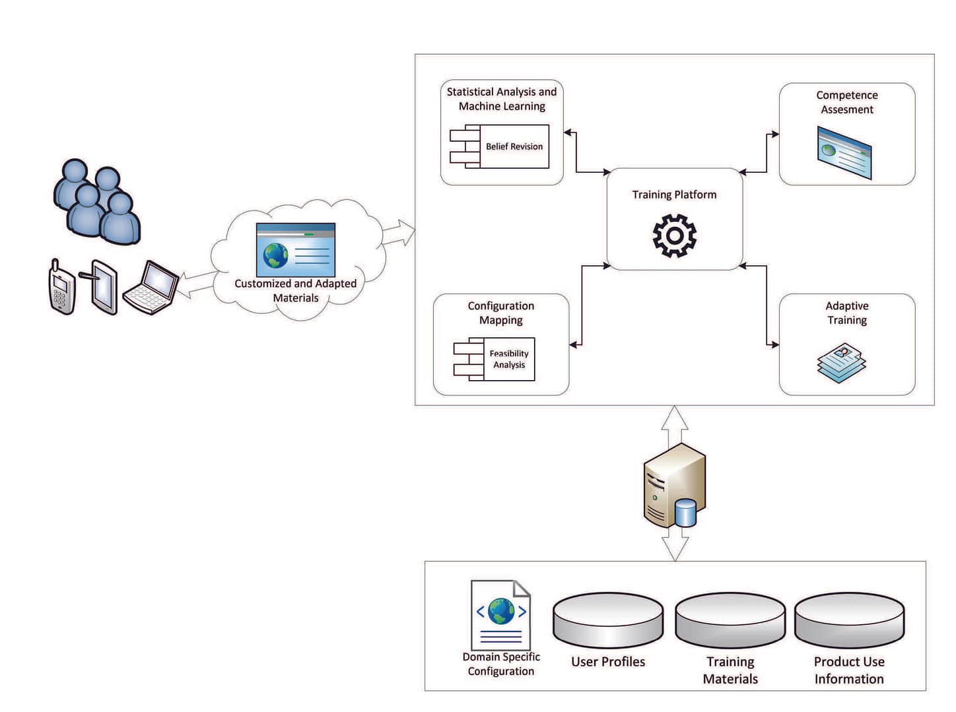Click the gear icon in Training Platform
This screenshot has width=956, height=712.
(x=674, y=235)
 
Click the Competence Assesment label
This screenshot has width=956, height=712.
(x=846, y=102)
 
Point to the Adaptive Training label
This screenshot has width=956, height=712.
(x=846, y=313)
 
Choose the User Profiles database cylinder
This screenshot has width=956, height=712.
(x=607, y=620)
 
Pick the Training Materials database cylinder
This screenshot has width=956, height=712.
(x=730, y=620)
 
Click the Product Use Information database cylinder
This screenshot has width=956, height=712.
(x=849, y=620)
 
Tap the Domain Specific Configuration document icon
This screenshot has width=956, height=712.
(x=500, y=615)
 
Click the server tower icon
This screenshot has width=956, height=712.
(x=673, y=486)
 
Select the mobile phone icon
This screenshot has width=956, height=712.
(x=62, y=287)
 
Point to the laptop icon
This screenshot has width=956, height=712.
(x=152, y=288)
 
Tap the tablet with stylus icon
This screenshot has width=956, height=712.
(x=102, y=287)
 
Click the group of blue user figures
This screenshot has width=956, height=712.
(x=96, y=201)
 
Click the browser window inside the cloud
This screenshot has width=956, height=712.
(x=295, y=249)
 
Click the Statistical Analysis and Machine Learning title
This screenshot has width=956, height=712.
(x=502, y=99)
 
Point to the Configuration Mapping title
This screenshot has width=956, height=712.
(x=500, y=313)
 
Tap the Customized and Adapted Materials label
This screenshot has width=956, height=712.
(x=295, y=290)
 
